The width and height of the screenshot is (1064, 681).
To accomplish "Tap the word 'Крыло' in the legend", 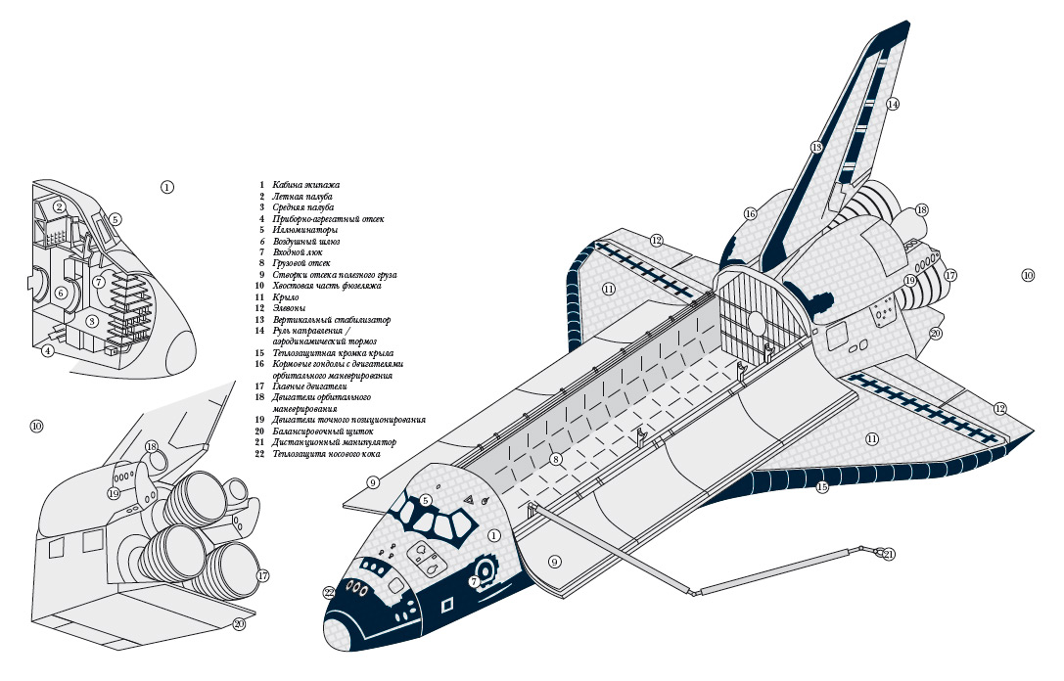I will pos(286,296).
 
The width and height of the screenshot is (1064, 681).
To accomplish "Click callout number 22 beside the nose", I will pos(330,592).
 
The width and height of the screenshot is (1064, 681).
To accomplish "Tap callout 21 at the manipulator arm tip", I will pos(889,555).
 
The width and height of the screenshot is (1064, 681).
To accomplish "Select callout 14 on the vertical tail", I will pos(893,104).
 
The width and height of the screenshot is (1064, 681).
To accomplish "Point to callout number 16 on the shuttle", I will pos(750,213).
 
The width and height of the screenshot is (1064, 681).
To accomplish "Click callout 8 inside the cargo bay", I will pos(556,459).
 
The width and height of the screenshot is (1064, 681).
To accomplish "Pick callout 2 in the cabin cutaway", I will pos(60,206).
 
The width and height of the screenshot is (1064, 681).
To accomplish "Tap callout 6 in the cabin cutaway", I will pos(61,293).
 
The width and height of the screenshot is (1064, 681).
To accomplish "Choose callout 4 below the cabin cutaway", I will pos(47,351).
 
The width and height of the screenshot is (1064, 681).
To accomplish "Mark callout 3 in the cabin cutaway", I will pos(92,321).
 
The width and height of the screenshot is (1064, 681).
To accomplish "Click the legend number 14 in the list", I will pos(261,331).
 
